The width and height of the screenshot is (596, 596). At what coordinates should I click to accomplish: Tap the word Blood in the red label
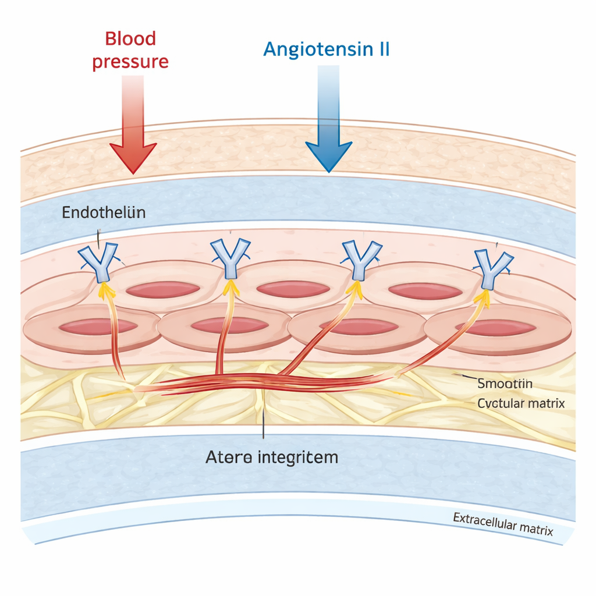130,38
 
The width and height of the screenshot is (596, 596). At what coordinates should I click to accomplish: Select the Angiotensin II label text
326,49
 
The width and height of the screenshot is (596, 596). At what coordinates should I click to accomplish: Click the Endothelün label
104,212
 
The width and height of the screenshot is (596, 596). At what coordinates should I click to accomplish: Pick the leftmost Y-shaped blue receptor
98,261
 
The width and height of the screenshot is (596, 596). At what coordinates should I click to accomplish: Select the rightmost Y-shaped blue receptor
492,267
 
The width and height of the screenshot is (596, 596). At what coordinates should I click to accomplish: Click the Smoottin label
505,384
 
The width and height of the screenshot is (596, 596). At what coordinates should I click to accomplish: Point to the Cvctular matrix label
520,403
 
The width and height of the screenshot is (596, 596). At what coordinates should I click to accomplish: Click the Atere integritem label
272,457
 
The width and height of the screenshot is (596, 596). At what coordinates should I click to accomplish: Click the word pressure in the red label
130,61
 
